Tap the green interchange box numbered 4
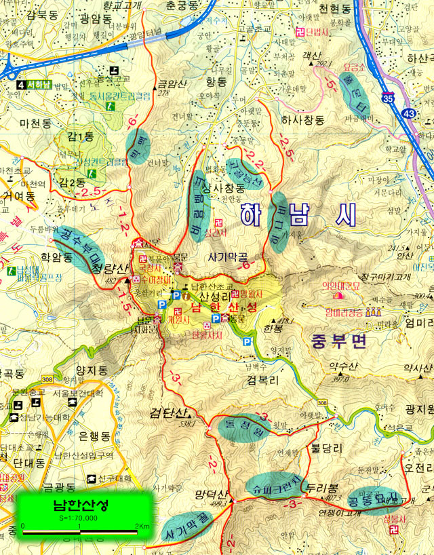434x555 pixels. pos(22,85)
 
